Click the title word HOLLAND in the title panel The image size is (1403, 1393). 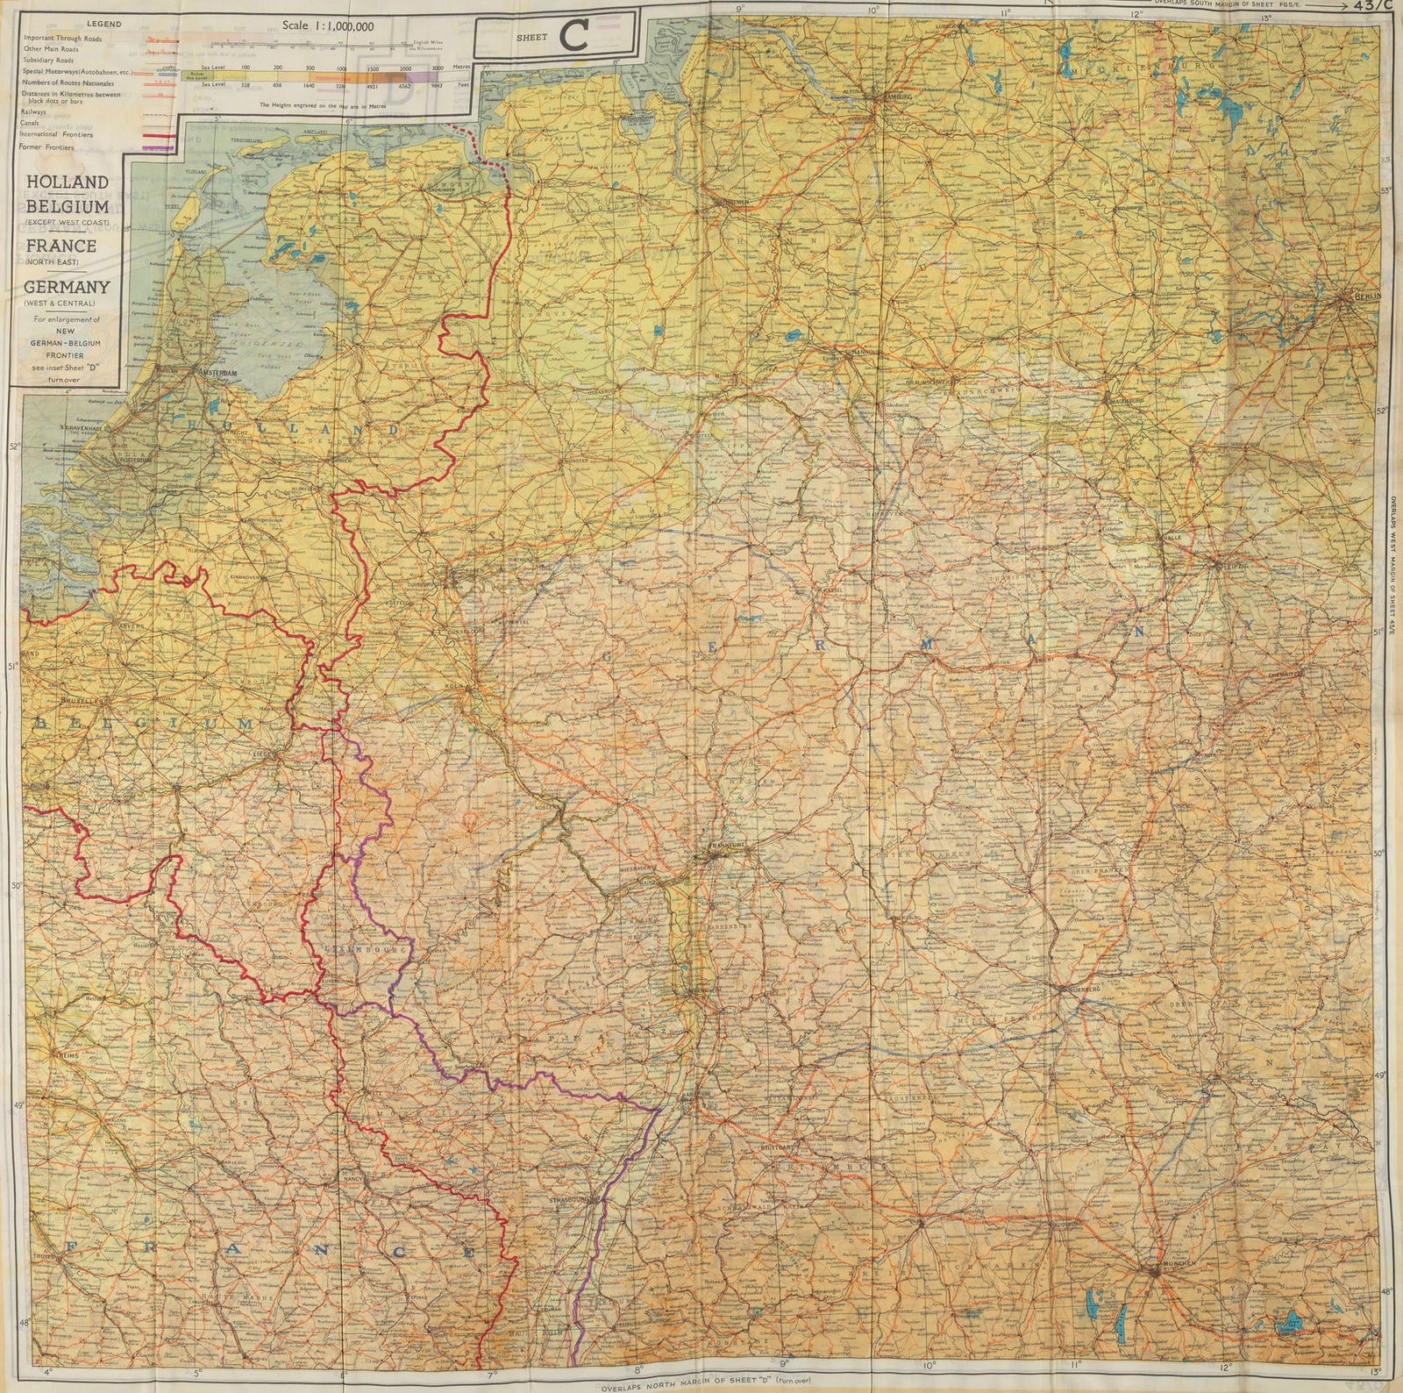tap(67, 182)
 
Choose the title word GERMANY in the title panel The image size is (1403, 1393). tap(67, 287)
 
